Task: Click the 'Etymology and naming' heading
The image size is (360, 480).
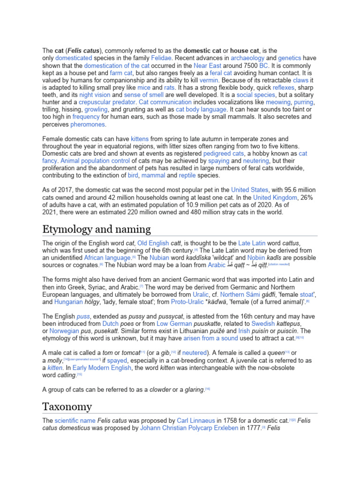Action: pos(97,229)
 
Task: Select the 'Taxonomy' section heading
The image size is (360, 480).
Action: pos(67,406)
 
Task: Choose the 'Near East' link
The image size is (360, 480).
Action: pos(207,66)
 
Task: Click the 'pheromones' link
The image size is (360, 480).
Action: pos(88,125)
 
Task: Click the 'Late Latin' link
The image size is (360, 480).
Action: pos(252,243)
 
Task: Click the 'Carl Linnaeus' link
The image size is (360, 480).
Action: pos(196,420)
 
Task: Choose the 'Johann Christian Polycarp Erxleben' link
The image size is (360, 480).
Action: pos(189,428)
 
